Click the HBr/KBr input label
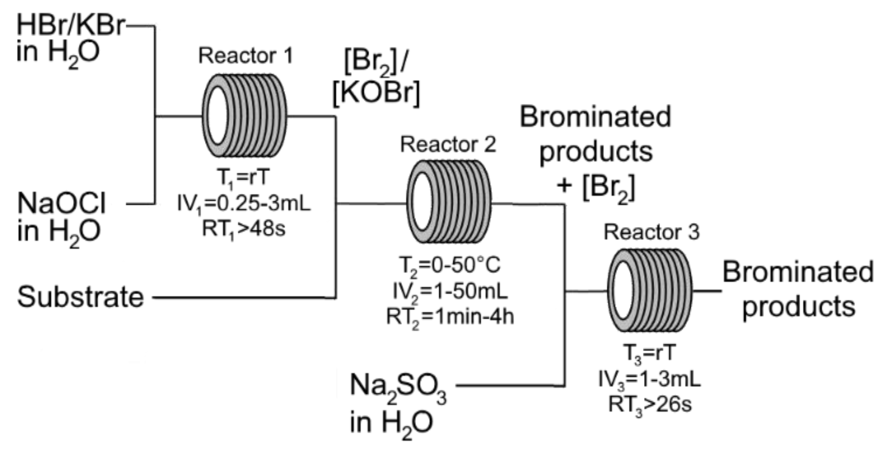pyautogui.click(x=70, y=27)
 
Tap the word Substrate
pyautogui.click(x=80, y=297)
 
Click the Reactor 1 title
pyautogui.click(x=245, y=56)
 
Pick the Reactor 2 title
pyautogui.click(x=448, y=144)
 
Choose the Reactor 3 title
pyautogui.click(x=651, y=233)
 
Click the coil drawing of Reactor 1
pyautogui.click(x=245, y=116)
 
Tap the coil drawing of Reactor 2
pyautogui.click(x=449, y=202)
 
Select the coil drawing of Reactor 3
pyautogui.click(x=650, y=290)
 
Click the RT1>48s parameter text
pyautogui.click(x=244, y=229)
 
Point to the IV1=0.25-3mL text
pyautogui.click(x=244, y=204)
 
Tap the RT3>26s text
pyautogui.click(x=650, y=405)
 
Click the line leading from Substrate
pyautogui.click(x=243, y=297)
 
